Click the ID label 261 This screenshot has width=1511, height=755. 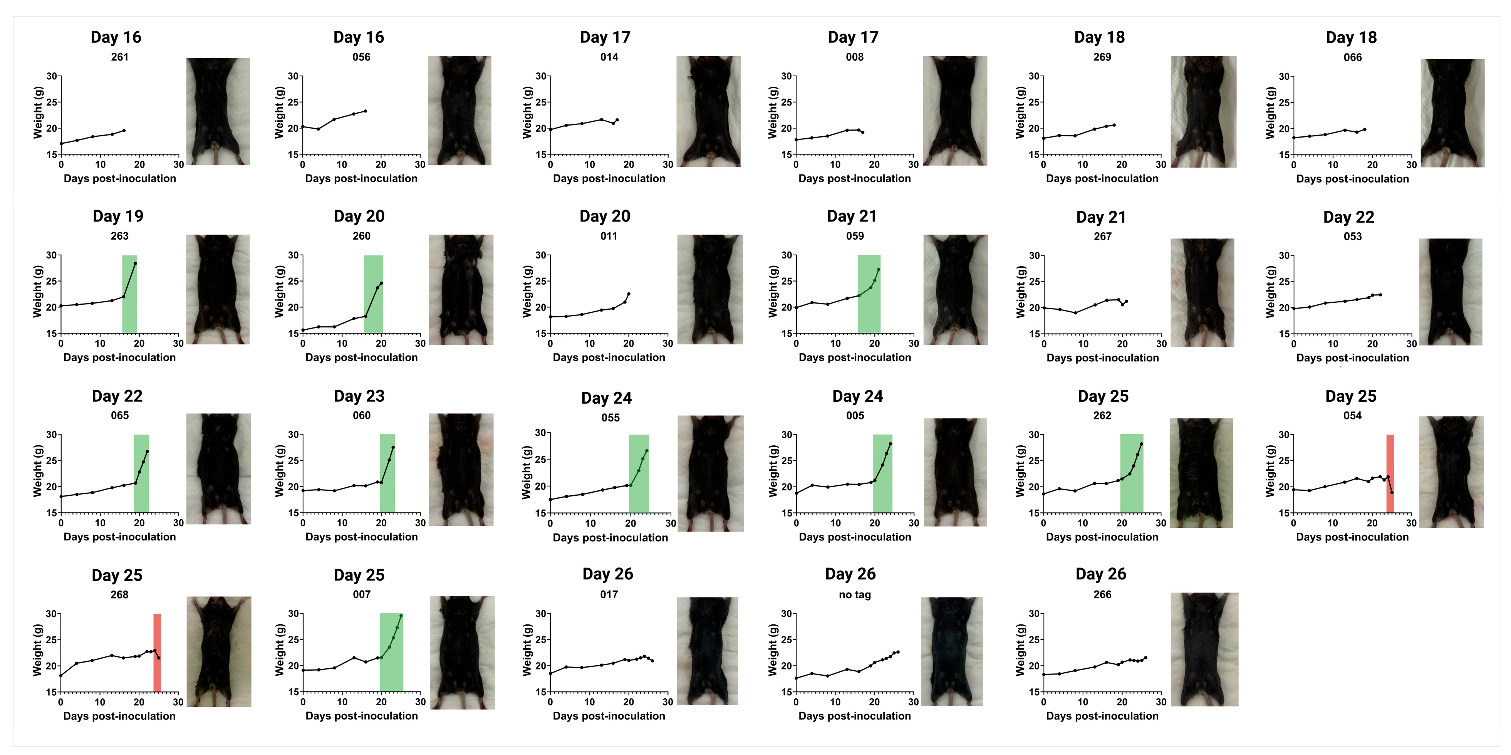[x=120, y=57]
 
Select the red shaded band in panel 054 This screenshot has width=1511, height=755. [x=1390, y=473]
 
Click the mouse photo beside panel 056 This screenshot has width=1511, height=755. [x=459, y=110]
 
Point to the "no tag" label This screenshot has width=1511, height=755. [x=855, y=594]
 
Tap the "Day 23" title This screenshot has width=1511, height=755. [x=359, y=396]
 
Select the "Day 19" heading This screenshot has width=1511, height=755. [x=118, y=216]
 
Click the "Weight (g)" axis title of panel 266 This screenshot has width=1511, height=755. [x=1021, y=650]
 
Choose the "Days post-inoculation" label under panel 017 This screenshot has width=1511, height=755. [x=609, y=716]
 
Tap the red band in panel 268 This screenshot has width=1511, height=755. [x=157, y=652]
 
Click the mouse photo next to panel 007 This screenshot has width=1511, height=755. [x=462, y=652]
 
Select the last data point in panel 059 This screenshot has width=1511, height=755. [x=879, y=269]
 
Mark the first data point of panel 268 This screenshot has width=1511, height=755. [x=61, y=675]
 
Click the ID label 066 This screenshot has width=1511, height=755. [x=1353, y=57]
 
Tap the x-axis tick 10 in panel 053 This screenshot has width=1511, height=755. [x=1333, y=344]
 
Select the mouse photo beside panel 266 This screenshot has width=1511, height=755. [x=1204, y=649]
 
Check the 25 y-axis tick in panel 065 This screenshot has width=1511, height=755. [x=52, y=460]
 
